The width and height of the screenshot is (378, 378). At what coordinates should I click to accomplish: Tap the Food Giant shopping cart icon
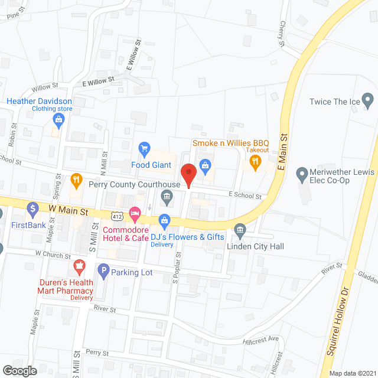click(144, 148)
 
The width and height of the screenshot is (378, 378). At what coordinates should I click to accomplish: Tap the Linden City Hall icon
click(240, 229)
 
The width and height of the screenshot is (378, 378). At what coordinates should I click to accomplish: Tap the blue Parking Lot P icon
click(103, 272)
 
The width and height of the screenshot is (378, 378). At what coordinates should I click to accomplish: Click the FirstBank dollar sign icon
click(33, 208)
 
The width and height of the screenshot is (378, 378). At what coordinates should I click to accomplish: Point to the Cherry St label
click(282, 33)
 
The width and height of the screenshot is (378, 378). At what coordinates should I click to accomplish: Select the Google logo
click(20, 370)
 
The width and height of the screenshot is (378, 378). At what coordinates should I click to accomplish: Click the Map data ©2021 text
click(351, 373)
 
